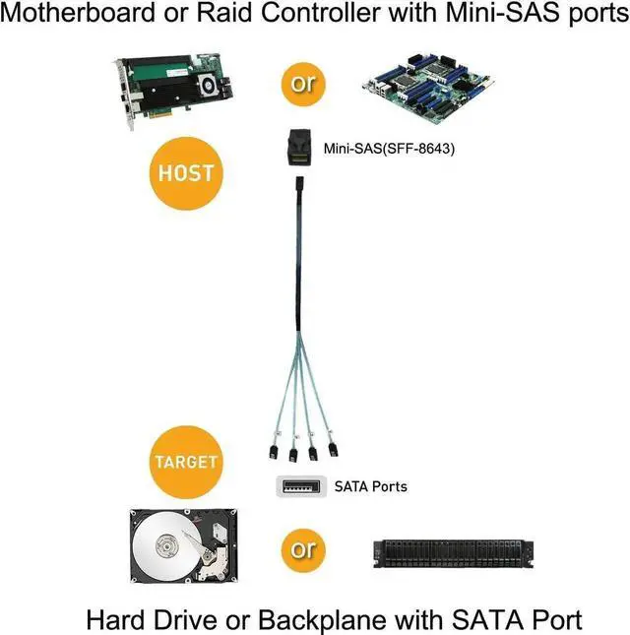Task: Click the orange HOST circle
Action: tap(186, 172)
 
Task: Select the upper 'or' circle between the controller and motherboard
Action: tap(302, 83)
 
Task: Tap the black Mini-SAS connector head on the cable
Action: tap(297, 150)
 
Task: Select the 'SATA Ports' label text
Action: tap(370, 485)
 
